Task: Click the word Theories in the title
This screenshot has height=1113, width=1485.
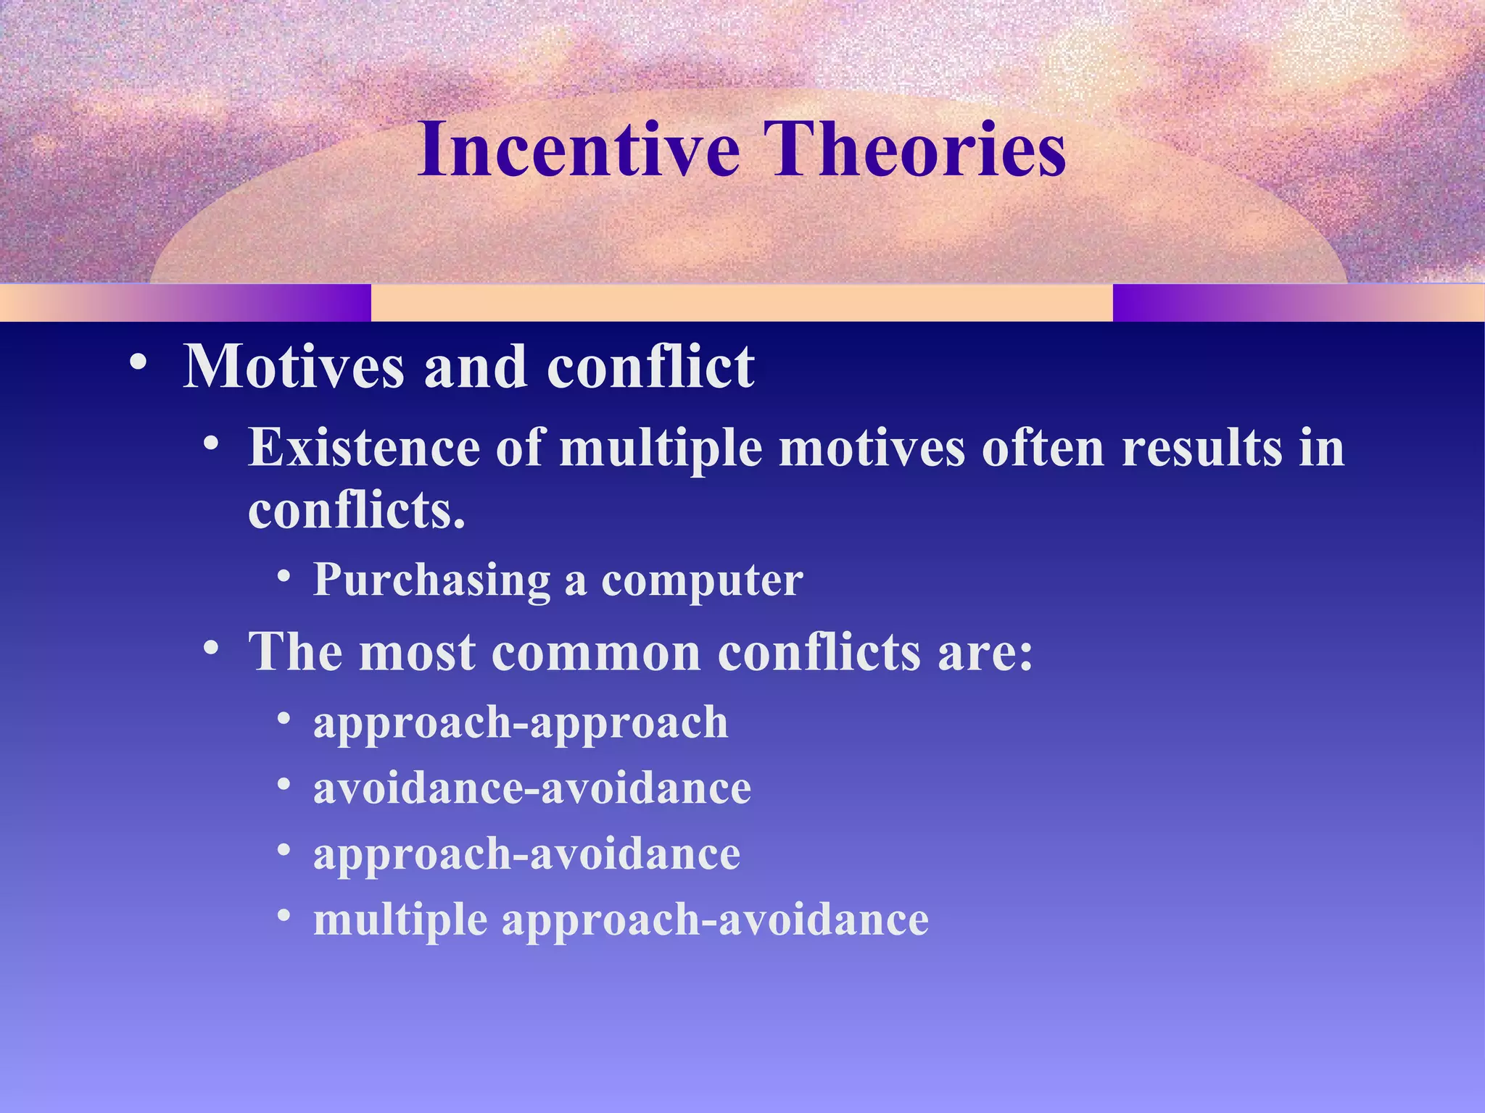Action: pyautogui.click(x=917, y=149)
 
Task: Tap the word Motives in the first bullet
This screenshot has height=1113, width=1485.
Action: pyautogui.click(x=293, y=367)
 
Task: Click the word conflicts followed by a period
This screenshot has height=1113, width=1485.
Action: pyautogui.click(x=356, y=510)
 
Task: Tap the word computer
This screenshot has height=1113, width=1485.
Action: pyautogui.click(x=701, y=580)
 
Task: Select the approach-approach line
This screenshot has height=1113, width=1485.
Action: pyautogui.click(x=520, y=723)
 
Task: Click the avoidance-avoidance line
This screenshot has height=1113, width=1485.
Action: pyautogui.click(x=531, y=788)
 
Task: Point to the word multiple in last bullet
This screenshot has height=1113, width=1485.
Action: pyautogui.click(x=400, y=920)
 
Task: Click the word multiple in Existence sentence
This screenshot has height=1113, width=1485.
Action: pyautogui.click(x=661, y=448)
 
